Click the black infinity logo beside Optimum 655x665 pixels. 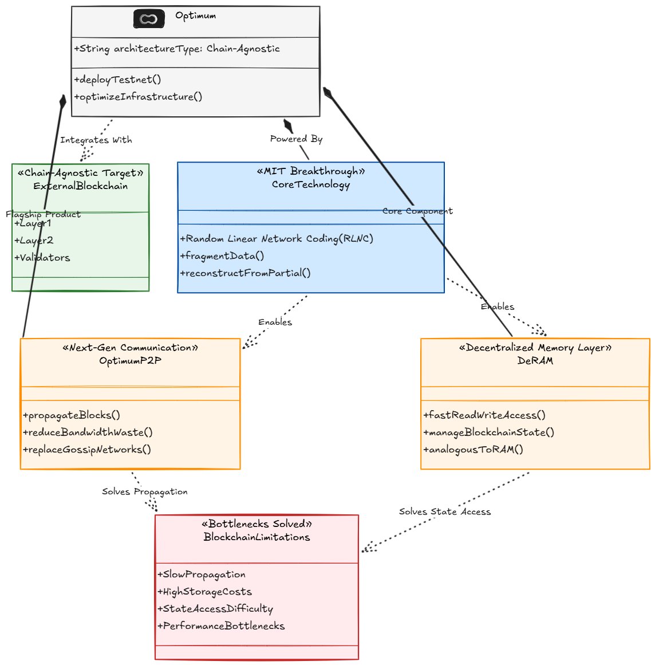(x=149, y=19)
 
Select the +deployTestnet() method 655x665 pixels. (x=117, y=80)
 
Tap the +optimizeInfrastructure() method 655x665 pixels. (x=138, y=97)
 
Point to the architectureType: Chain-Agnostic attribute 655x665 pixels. (x=177, y=49)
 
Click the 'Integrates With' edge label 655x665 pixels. (x=96, y=140)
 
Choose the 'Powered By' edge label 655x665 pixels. (x=297, y=139)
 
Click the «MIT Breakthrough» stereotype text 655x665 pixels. (x=311, y=171)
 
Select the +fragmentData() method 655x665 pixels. (x=222, y=256)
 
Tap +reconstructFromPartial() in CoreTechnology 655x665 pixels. (x=245, y=273)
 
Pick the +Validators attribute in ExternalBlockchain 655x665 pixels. (x=42, y=258)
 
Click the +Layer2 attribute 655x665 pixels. (x=33, y=241)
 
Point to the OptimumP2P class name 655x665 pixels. (x=130, y=360)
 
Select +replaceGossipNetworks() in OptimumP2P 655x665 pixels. (x=87, y=450)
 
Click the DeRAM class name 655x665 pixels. (x=535, y=360)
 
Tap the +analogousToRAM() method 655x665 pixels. (x=473, y=450)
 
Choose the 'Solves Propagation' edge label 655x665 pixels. (x=144, y=491)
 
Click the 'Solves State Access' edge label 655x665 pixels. (x=445, y=512)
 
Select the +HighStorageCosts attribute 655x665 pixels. (x=204, y=592)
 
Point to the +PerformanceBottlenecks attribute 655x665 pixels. (x=221, y=626)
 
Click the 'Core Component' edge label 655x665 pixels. (x=417, y=211)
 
